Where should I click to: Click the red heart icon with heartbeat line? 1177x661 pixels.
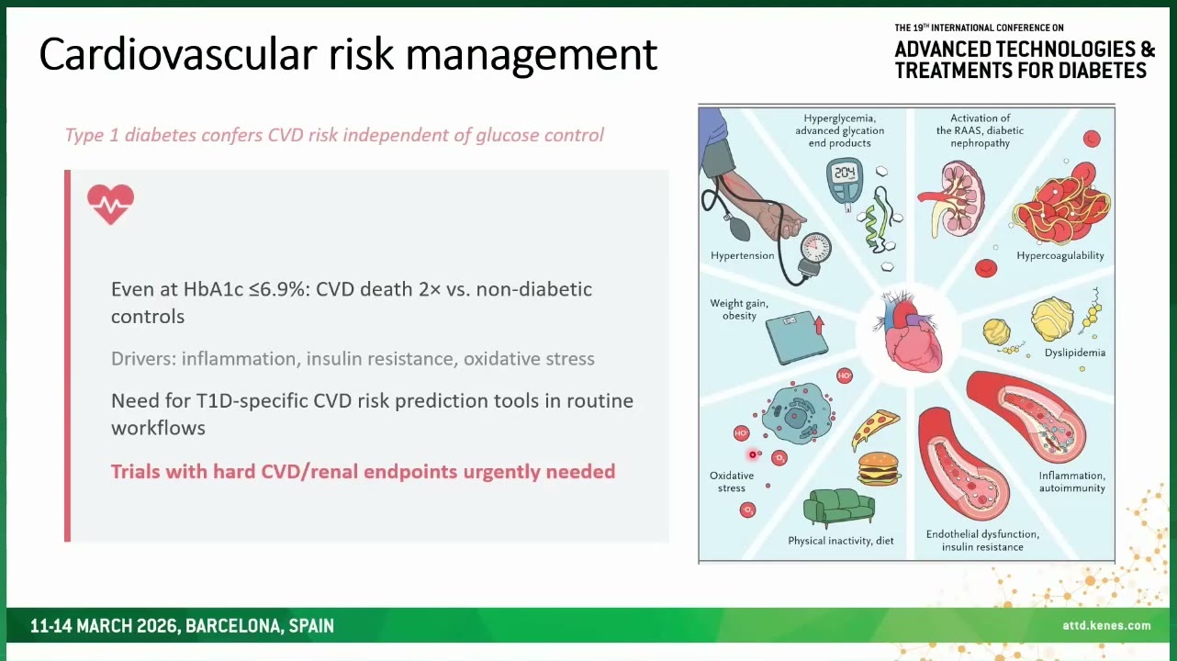click(110, 204)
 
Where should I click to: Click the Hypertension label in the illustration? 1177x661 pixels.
click(743, 256)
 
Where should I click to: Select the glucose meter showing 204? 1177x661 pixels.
click(845, 185)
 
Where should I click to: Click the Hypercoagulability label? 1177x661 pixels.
click(1059, 256)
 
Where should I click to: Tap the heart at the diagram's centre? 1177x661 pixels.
click(907, 332)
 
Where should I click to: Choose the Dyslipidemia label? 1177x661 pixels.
click(1074, 353)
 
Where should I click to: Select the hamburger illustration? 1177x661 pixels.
click(879, 469)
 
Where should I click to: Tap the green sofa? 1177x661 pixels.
click(839, 507)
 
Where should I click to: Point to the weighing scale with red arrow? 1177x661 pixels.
click(796, 339)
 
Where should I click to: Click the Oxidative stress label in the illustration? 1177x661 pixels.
click(732, 482)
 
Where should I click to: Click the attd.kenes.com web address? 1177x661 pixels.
click(1106, 625)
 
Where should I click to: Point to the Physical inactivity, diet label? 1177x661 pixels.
click(841, 542)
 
